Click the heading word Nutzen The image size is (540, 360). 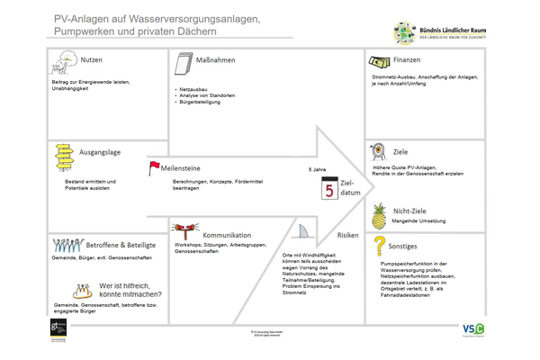(x=91, y=59)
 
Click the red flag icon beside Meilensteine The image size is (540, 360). (x=154, y=166)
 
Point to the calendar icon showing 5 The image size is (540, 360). (x=328, y=190)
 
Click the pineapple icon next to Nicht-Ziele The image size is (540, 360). (x=379, y=216)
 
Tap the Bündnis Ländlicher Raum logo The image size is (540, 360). (x=440, y=33)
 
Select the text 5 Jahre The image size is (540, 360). (x=318, y=169)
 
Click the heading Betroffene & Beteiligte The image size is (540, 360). (x=121, y=245)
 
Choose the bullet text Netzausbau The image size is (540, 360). (x=193, y=91)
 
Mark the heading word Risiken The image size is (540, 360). (x=347, y=235)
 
